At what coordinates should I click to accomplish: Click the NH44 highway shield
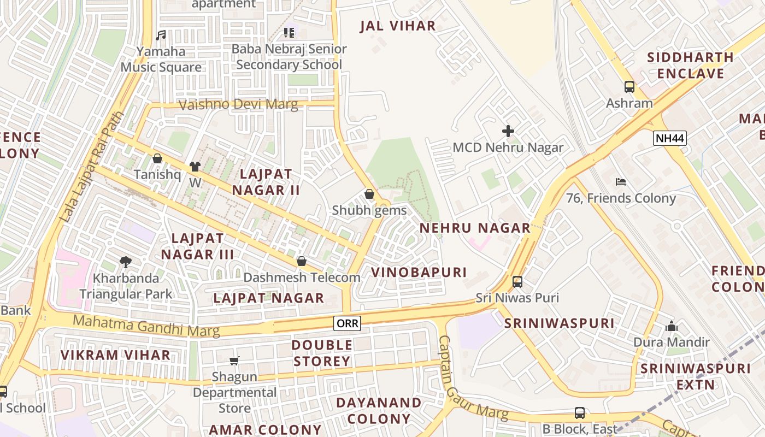(x=669, y=138)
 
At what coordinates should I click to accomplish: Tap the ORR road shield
(x=348, y=323)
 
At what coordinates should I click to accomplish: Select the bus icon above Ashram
(x=629, y=87)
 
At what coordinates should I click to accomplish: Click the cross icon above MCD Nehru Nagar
(x=508, y=131)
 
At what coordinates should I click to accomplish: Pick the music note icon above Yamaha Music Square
(x=161, y=36)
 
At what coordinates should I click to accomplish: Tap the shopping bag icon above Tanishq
(x=157, y=158)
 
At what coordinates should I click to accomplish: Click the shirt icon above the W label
(x=195, y=166)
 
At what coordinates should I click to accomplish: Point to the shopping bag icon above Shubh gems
(x=369, y=194)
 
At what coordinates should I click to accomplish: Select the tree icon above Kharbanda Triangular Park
(x=126, y=262)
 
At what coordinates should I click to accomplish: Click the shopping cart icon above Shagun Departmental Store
(x=234, y=361)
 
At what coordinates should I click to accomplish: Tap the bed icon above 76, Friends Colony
(x=621, y=182)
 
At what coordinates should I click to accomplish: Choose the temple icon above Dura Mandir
(x=672, y=327)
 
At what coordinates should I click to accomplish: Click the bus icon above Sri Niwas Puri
(x=517, y=282)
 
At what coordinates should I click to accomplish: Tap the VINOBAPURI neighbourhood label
(x=419, y=272)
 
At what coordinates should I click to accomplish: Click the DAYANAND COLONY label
(x=379, y=411)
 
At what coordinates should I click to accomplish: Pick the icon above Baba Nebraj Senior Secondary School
(x=289, y=33)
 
